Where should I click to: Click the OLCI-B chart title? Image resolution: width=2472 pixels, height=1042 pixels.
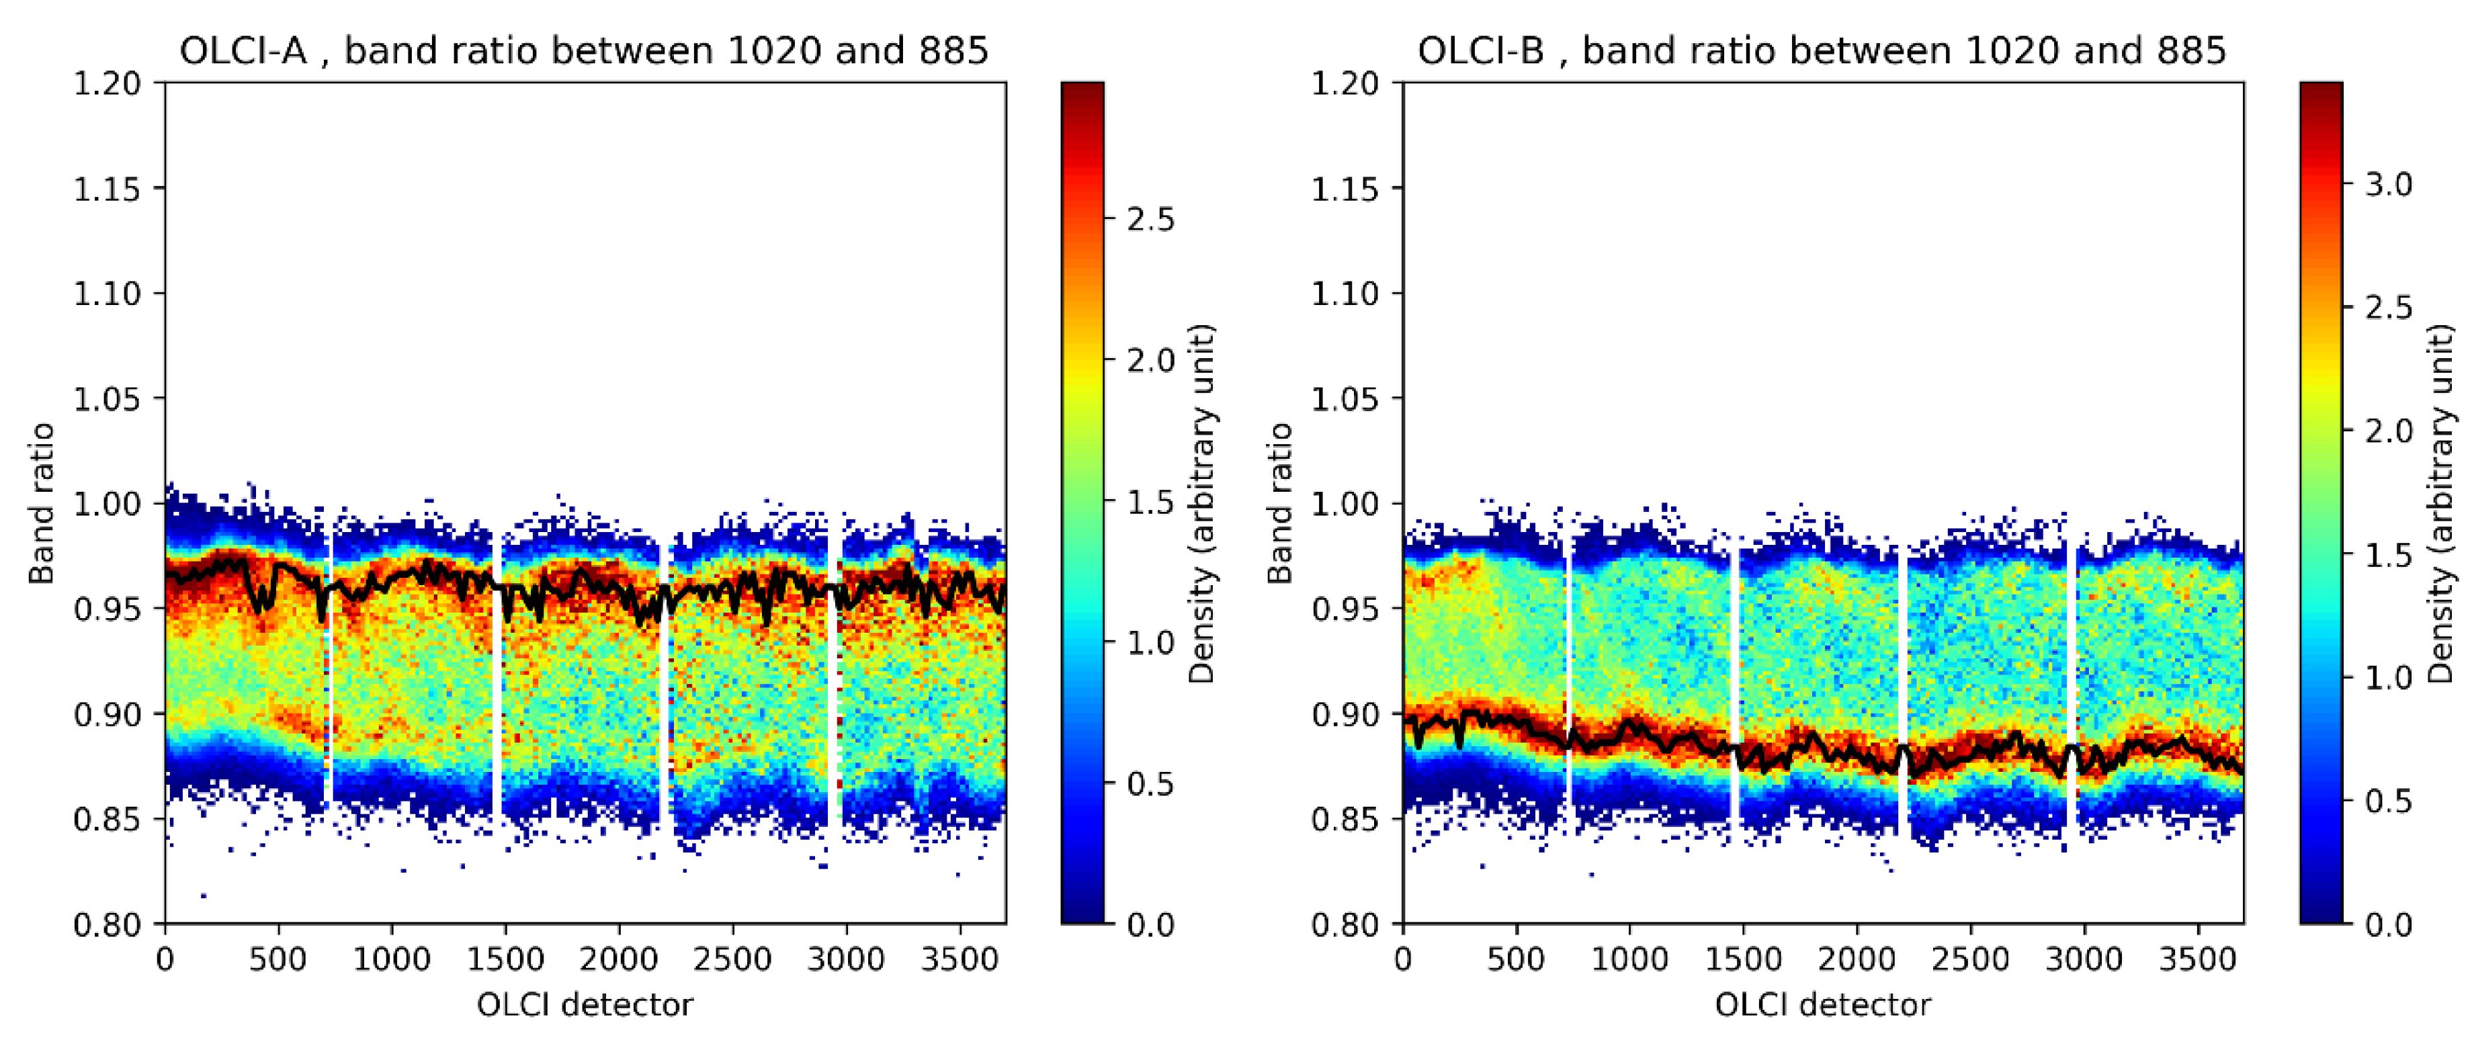point(1822,50)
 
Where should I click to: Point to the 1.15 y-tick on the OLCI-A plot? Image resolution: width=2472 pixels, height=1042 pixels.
point(107,189)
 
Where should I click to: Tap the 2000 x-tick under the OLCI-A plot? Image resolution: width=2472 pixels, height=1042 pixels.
point(619,959)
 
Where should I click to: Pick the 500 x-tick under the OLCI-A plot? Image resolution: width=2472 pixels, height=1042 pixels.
point(278,959)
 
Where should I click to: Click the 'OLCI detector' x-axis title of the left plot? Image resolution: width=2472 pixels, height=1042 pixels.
point(585,1004)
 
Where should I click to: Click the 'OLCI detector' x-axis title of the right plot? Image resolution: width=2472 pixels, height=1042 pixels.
point(1822,1004)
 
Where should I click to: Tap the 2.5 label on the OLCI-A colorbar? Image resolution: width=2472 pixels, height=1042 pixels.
point(1150,220)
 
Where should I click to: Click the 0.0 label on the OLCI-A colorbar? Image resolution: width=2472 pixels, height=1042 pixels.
point(1150,924)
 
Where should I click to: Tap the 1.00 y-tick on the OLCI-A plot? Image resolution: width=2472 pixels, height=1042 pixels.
point(107,504)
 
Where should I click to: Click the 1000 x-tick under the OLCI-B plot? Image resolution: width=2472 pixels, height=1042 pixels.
point(1629,959)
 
